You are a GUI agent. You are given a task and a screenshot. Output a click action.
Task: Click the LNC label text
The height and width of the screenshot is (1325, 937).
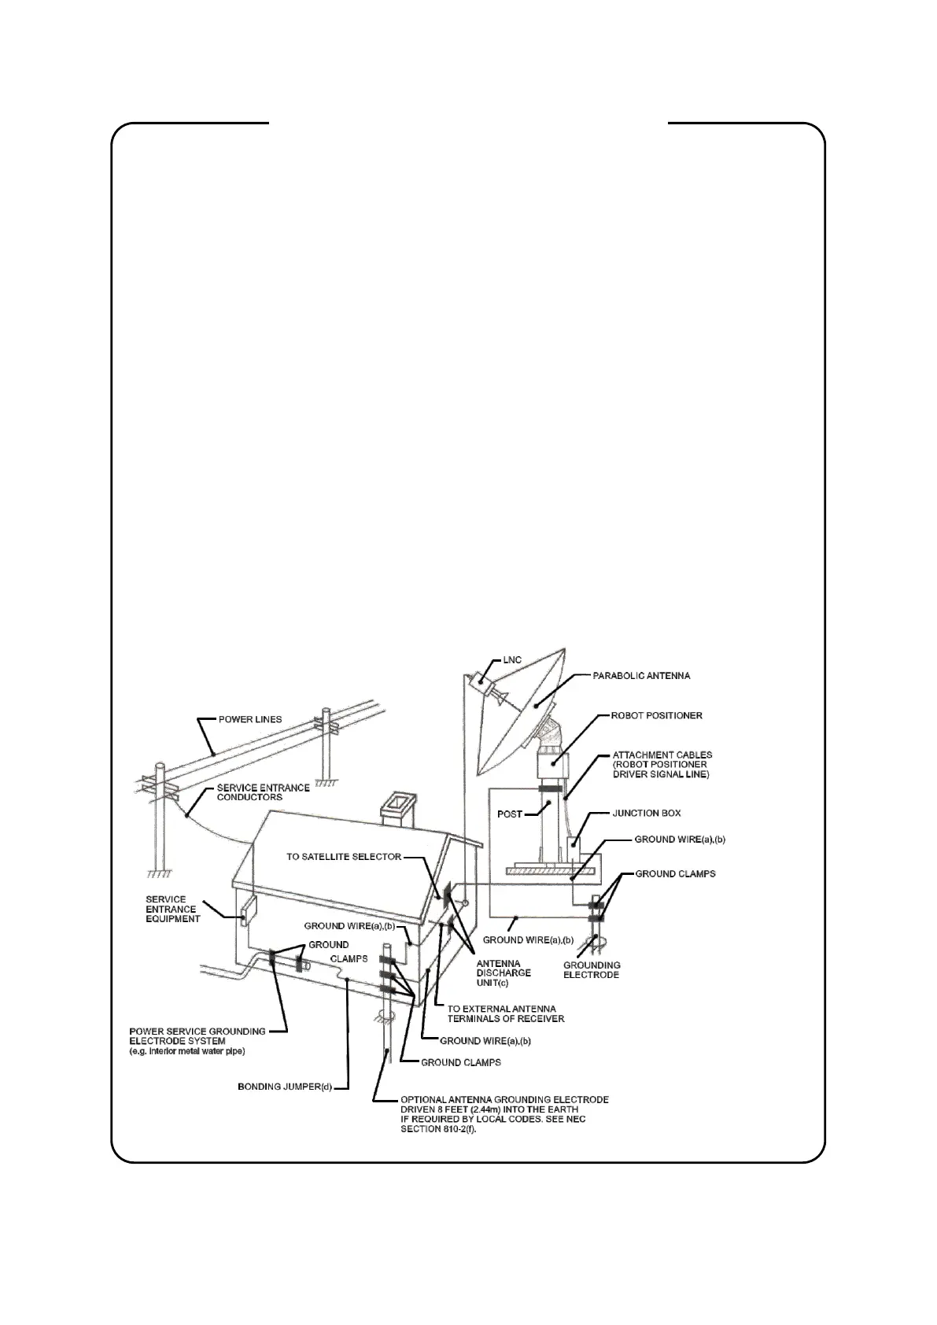(512, 659)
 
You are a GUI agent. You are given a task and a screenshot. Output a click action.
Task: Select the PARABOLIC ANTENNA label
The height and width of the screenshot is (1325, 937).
(641, 675)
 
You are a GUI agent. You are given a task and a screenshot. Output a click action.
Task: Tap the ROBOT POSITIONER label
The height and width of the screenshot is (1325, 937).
(657, 716)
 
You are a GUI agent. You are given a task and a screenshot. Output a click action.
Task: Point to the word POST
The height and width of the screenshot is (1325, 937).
(510, 814)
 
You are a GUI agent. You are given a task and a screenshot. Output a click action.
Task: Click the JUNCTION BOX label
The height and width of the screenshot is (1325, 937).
(647, 813)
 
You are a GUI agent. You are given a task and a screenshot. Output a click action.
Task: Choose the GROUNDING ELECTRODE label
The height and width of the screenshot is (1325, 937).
(592, 969)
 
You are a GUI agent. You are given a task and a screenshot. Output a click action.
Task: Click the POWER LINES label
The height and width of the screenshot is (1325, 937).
(250, 719)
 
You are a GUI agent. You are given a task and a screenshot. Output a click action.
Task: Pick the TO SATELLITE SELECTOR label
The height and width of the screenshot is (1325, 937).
(344, 856)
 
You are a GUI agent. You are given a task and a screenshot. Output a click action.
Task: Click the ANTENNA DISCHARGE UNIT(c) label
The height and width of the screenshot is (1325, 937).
(504, 973)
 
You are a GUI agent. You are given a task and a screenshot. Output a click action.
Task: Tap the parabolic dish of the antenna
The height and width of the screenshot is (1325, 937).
(519, 712)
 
